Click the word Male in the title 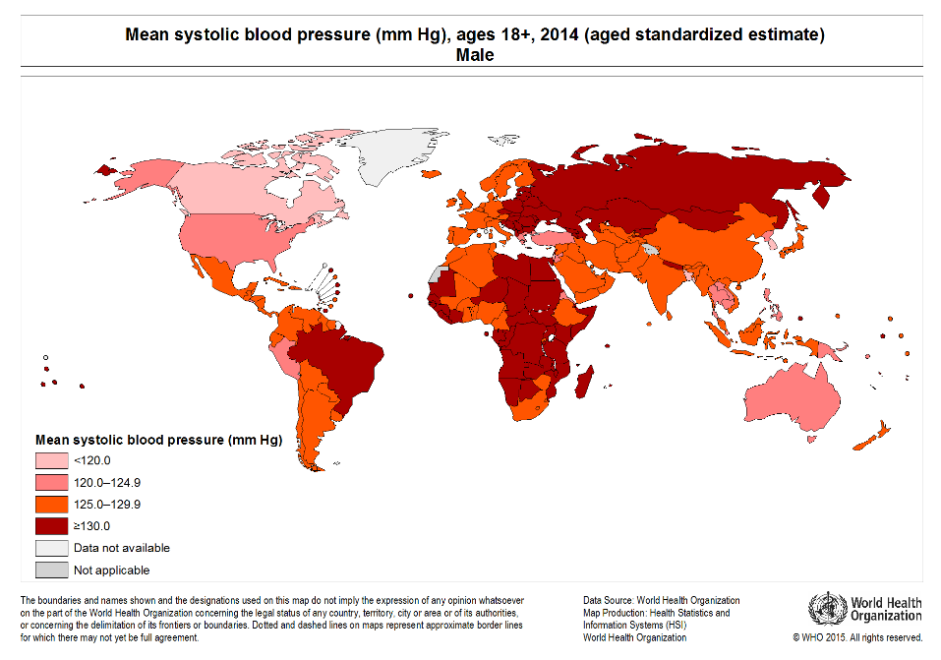coord(475,56)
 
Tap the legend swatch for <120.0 coord(52,460)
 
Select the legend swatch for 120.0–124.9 coord(52,482)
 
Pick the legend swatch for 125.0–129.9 coord(52,504)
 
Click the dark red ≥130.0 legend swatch coord(52,525)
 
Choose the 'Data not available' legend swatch coord(52,548)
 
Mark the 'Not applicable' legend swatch coord(52,570)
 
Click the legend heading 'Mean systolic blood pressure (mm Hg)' coord(158,440)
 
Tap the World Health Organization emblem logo coord(827,608)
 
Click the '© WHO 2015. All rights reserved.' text coord(857,637)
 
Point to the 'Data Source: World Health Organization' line coord(661,600)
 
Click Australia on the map coord(793,397)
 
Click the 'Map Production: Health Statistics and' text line coord(656,613)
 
